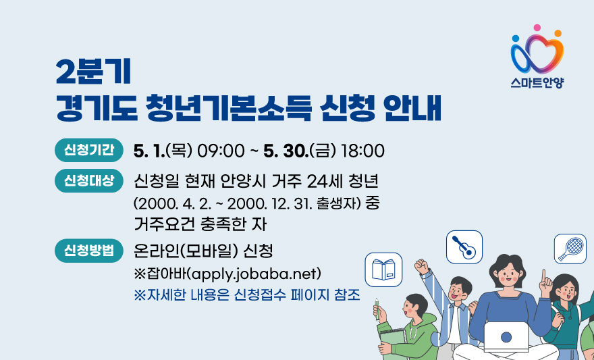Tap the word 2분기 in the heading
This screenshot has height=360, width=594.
click(x=93, y=73)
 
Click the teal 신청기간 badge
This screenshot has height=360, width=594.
click(x=89, y=151)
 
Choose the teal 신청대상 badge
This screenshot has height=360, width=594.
click(x=89, y=181)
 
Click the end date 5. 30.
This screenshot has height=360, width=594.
click(x=286, y=151)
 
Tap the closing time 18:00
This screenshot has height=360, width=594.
click(x=363, y=151)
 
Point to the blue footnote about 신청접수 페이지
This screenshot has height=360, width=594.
click(x=246, y=294)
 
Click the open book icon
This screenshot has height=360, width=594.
click(x=383, y=269)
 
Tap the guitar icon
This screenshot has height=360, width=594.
click(x=464, y=247)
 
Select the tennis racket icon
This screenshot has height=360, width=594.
click(x=570, y=249)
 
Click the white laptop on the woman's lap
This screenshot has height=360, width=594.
click(x=506, y=336)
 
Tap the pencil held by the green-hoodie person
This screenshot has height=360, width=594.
click(x=377, y=309)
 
